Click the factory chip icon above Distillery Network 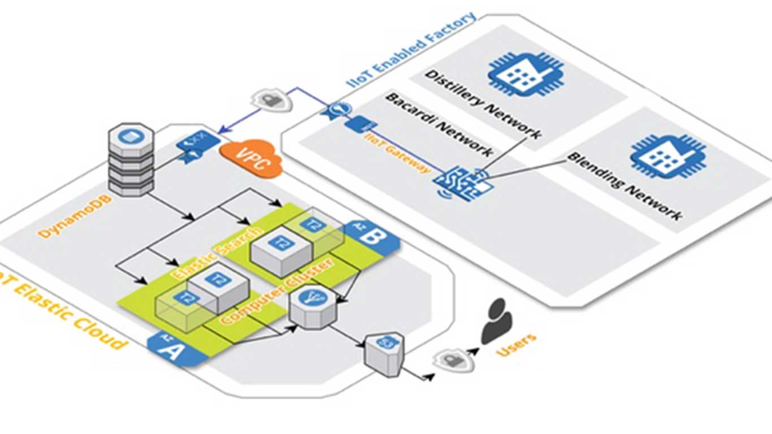[526, 74]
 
